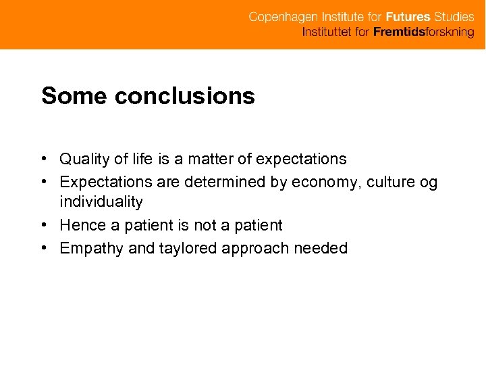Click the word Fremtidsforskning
[x=424, y=32]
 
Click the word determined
[x=227, y=182]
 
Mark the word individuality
[x=101, y=202]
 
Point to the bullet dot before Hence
[x=43, y=225]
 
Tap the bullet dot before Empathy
[x=43, y=248]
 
